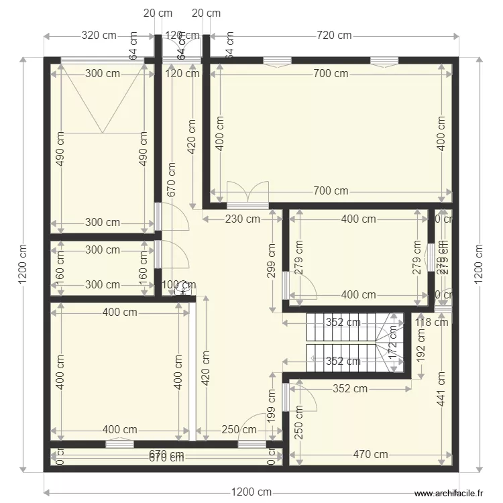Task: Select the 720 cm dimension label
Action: pos(334,36)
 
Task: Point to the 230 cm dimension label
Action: pos(241,218)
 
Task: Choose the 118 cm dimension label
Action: pos(431,323)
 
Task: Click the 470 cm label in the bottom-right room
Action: pos(371,454)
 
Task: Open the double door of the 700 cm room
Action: pos(247,194)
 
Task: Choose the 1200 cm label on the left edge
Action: pos(23,264)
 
